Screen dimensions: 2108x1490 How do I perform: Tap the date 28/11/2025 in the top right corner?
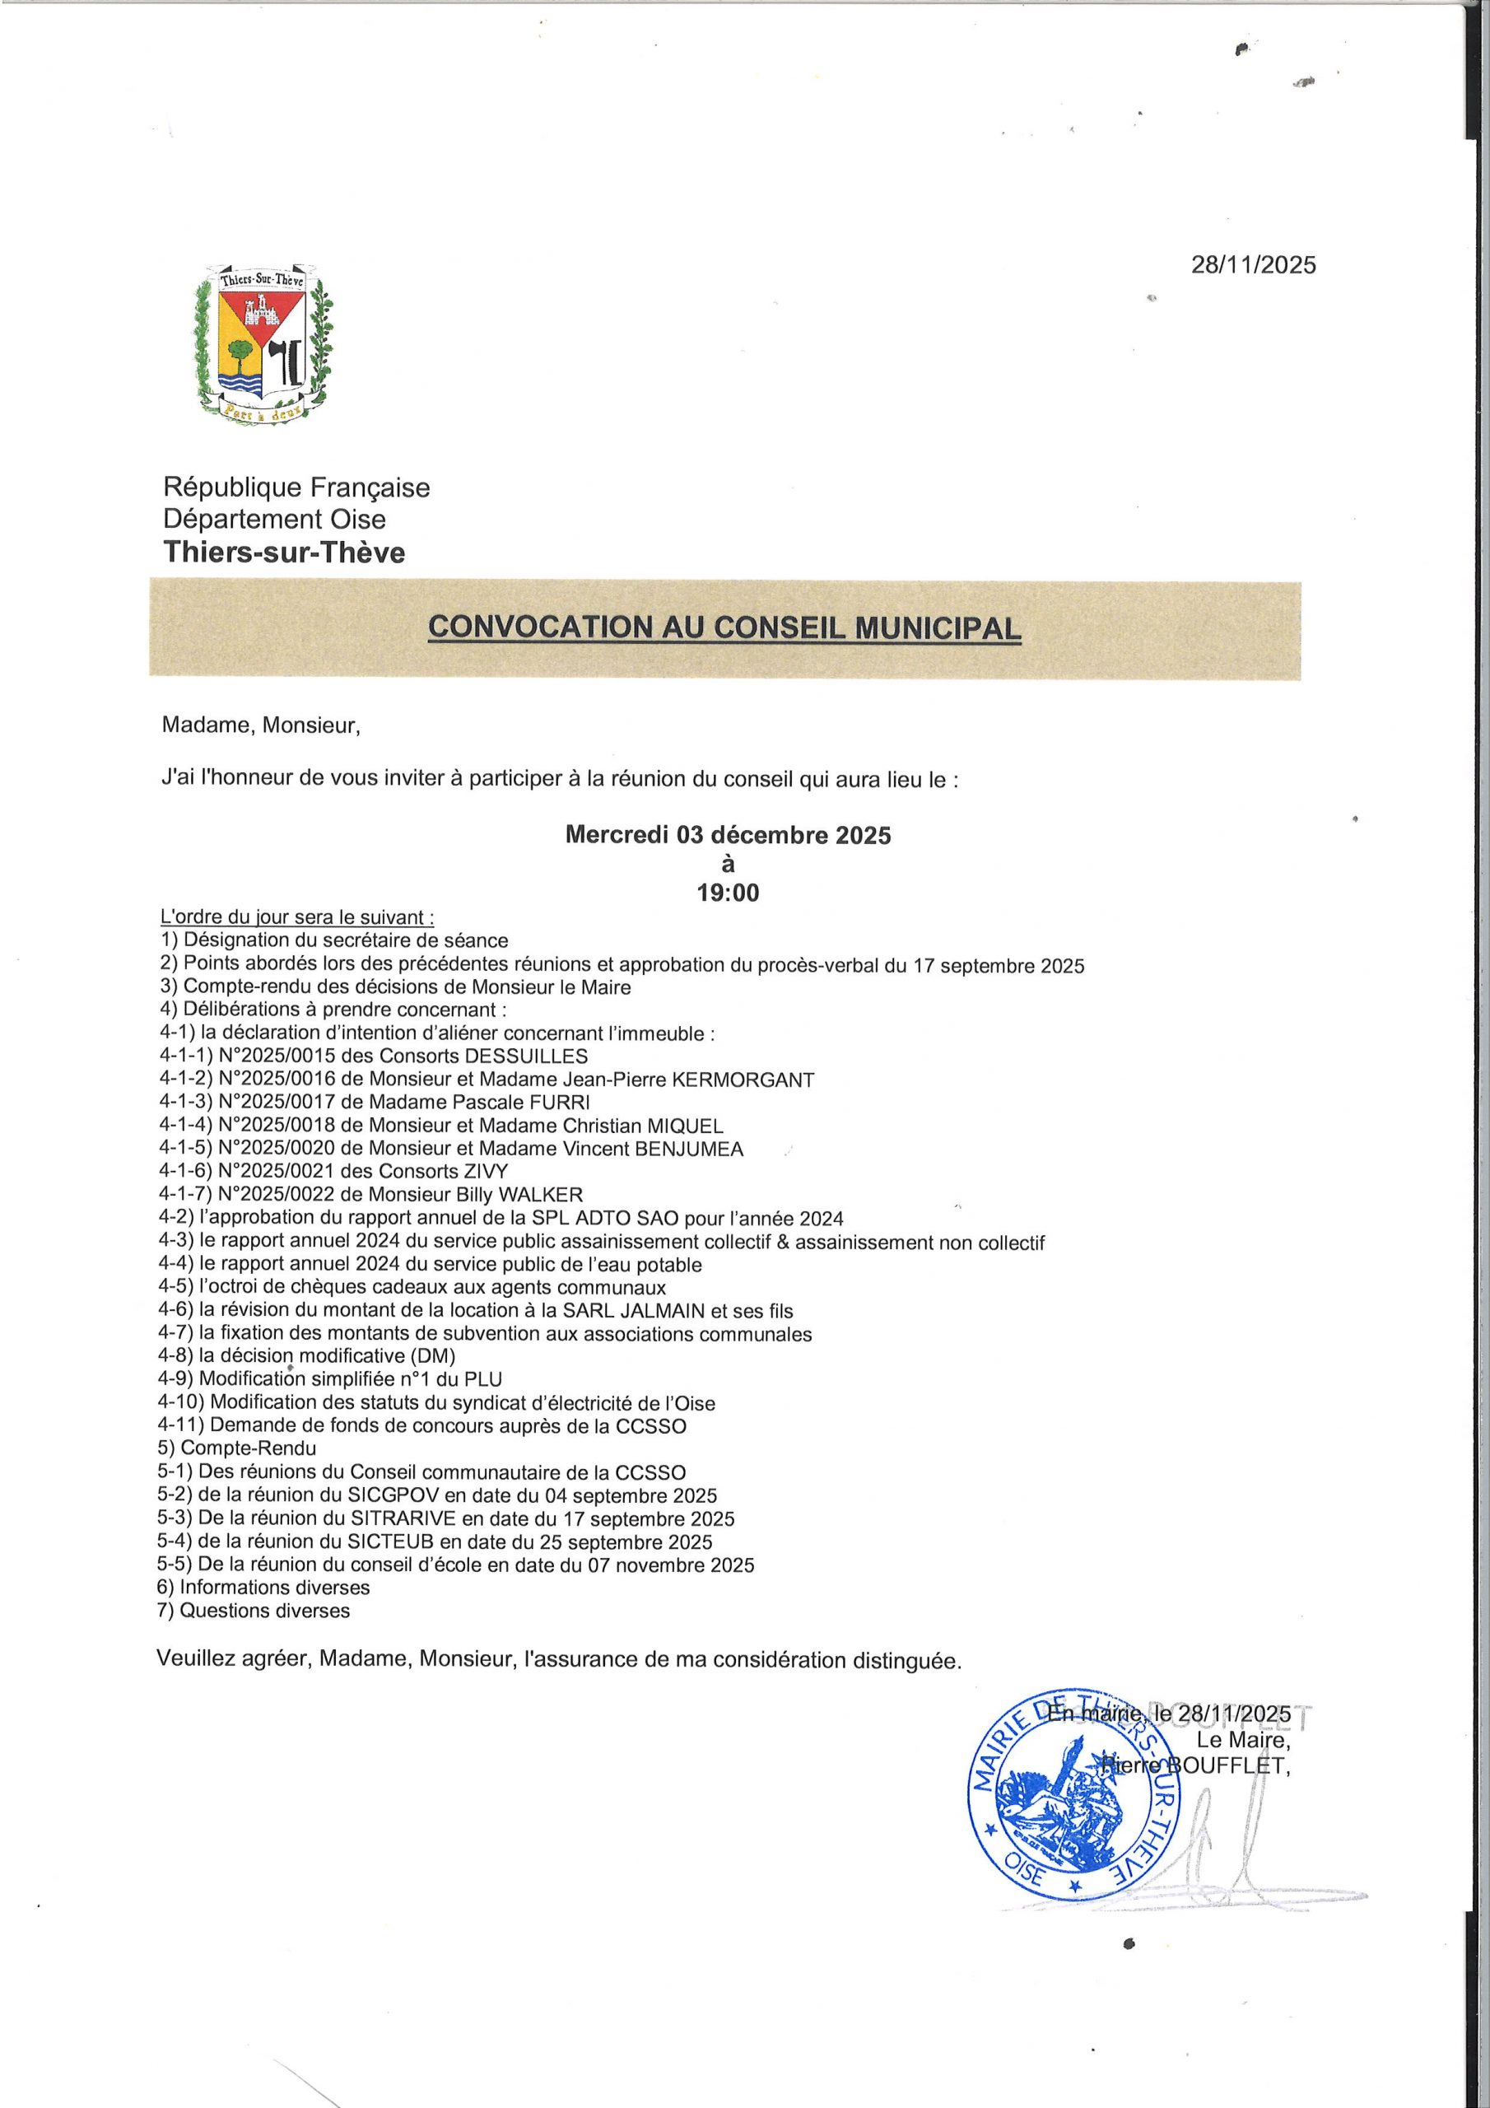1253,264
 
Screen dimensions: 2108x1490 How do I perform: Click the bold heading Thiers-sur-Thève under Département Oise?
284,553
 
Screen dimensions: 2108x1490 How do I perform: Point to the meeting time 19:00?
728,893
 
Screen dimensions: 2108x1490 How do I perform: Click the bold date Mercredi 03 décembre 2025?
727,836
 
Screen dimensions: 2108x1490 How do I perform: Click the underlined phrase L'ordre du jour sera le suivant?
297,917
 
